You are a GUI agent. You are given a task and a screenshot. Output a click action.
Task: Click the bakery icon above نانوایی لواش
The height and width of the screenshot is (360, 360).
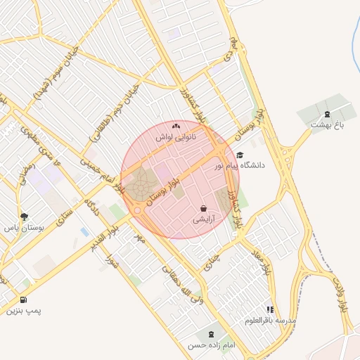(x=176, y=126)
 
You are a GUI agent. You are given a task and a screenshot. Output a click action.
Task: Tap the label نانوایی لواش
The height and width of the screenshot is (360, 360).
(x=176, y=137)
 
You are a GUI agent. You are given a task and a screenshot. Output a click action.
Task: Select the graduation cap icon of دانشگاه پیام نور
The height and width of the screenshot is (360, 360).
(x=240, y=155)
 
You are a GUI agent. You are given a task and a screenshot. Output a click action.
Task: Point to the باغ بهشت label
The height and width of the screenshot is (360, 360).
(x=326, y=124)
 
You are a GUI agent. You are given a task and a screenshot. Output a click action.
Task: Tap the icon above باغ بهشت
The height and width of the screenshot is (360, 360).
(x=326, y=114)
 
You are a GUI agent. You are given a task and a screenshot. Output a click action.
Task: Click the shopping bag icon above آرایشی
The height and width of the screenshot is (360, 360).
(x=204, y=209)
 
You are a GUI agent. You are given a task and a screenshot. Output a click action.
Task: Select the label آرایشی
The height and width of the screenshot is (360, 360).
(x=204, y=220)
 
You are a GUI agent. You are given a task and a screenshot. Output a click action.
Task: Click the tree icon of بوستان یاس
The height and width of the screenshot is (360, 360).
(x=25, y=217)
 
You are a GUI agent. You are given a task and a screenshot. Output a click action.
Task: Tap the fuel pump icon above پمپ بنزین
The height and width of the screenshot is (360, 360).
(x=25, y=300)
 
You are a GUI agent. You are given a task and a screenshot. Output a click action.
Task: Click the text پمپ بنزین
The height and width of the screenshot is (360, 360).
(x=25, y=310)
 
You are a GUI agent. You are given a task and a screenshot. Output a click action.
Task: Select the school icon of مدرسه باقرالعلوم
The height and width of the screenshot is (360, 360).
(x=270, y=309)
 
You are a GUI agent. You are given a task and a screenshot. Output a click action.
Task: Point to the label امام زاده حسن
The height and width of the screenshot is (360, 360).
(x=210, y=345)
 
